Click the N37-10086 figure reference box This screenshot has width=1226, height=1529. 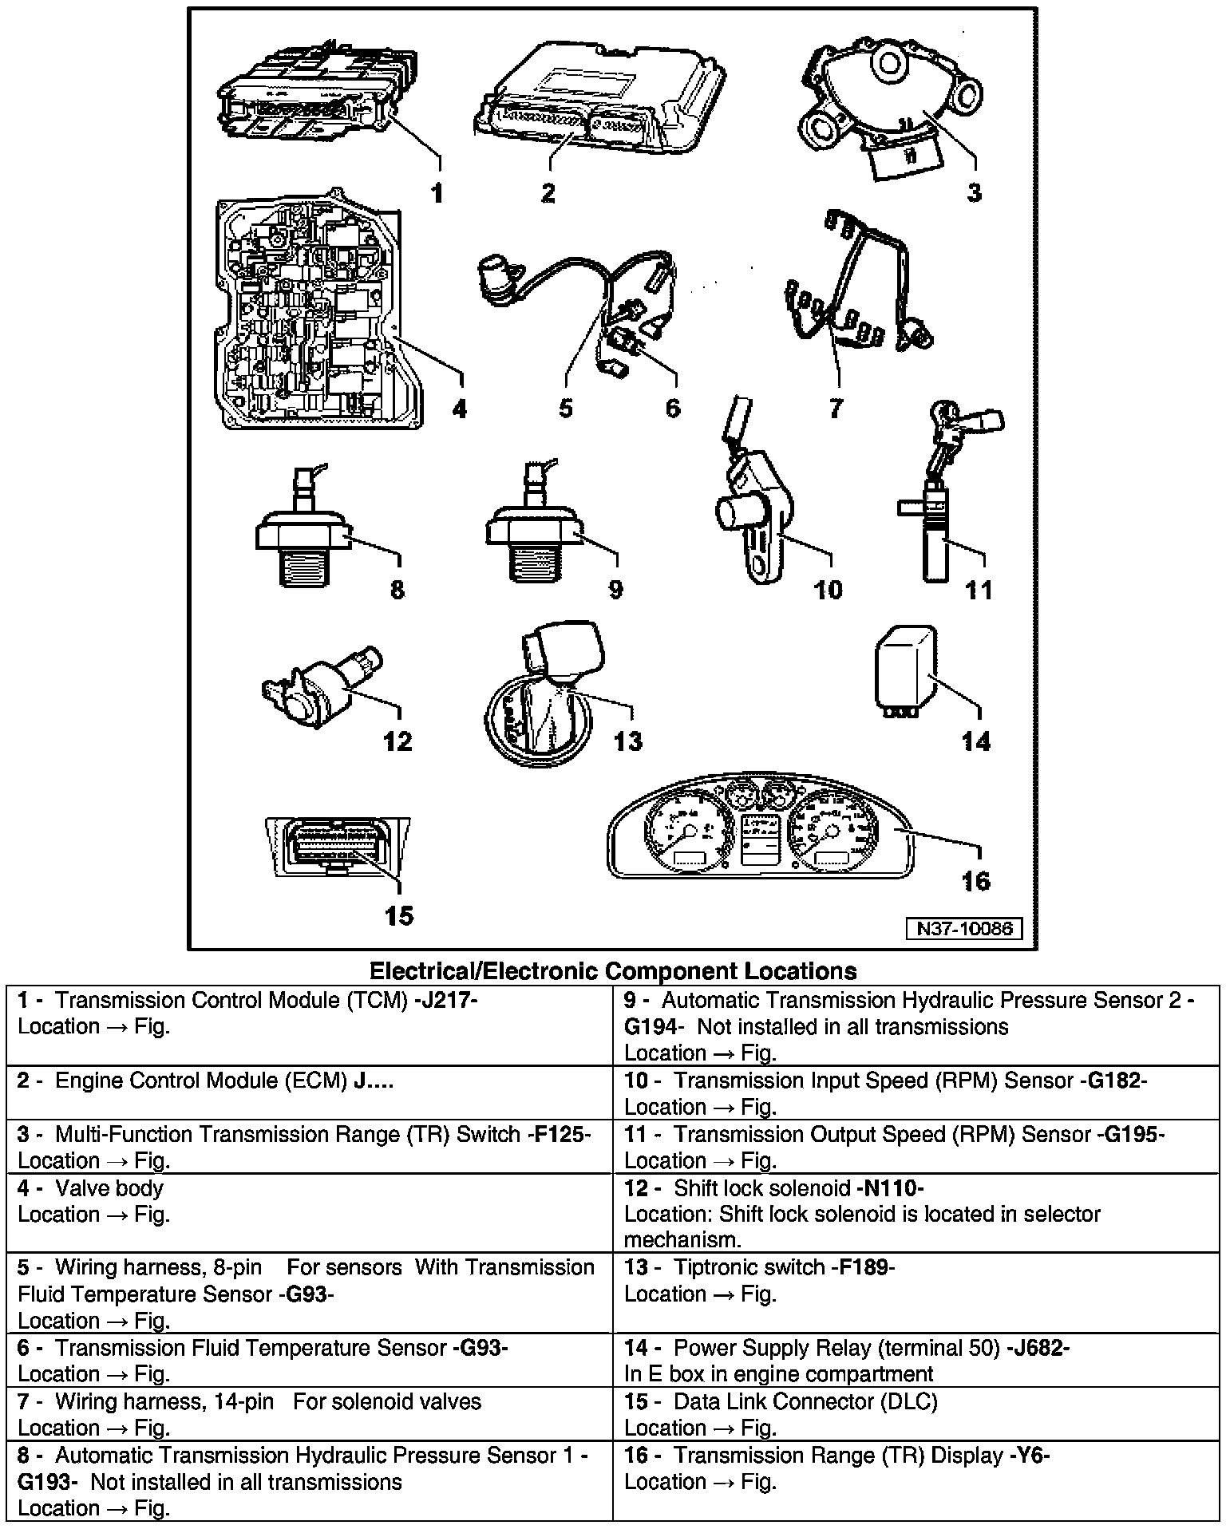pyautogui.click(x=964, y=928)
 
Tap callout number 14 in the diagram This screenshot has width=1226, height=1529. pyautogui.click(x=976, y=741)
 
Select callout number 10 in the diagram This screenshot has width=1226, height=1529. pyautogui.click(x=828, y=590)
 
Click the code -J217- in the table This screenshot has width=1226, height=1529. pyautogui.click(x=446, y=1000)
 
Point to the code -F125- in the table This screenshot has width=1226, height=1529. pyautogui.click(x=559, y=1134)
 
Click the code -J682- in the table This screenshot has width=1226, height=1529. pyautogui.click(x=1038, y=1348)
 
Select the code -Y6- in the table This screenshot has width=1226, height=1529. pyautogui.click(x=1030, y=1455)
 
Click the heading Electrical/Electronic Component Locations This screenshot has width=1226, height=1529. pyautogui.click(x=613, y=971)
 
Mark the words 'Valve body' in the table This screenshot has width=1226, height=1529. pyautogui.click(x=109, y=1188)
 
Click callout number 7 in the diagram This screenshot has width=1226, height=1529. pyautogui.click(x=835, y=409)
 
